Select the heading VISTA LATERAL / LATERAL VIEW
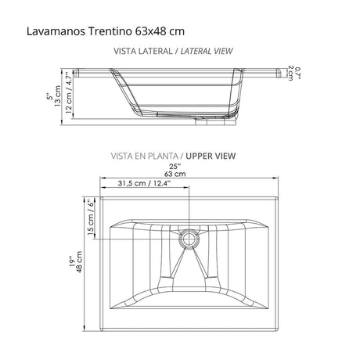pyautogui.click(x=173, y=52)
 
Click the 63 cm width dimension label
pyautogui.click(x=180, y=175)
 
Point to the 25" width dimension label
pyautogui.click(x=180, y=167)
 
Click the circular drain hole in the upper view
pyautogui.click(x=189, y=236)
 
